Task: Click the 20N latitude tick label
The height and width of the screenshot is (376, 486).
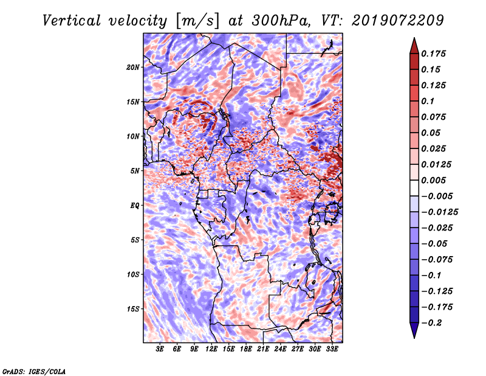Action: (x=132, y=67)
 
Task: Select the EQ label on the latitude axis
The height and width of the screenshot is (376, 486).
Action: (x=134, y=205)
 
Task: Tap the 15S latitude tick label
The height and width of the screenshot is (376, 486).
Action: (x=132, y=309)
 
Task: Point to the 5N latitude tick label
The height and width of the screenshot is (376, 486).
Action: (x=135, y=171)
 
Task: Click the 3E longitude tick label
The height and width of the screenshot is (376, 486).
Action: (x=160, y=349)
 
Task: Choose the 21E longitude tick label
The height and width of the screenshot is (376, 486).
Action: (x=263, y=349)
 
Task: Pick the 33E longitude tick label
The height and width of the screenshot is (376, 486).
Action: (x=332, y=349)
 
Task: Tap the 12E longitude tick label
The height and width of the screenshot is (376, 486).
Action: (x=211, y=349)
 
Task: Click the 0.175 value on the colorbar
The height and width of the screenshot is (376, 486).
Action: (x=433, y=54)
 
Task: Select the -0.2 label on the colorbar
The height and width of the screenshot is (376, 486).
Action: (x=431, y=323)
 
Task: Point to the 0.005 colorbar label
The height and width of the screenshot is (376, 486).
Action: (x=433, y=180)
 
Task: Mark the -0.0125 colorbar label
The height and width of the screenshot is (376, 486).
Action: (x=439, y=212)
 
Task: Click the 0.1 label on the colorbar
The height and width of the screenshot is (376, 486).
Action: (x=428, y=101)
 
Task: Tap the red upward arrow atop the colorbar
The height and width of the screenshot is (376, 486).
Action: (x=414, y=46)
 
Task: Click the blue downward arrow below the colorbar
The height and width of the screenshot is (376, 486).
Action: (x=414, y=330)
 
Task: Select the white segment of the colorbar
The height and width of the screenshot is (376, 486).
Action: (x=414, y=188)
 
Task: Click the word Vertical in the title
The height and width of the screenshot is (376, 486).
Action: (x=72, y=21)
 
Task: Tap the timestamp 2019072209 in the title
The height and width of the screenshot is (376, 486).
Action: (x=398, y=21)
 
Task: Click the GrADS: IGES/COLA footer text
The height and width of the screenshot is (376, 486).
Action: (x=34, y=371)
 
